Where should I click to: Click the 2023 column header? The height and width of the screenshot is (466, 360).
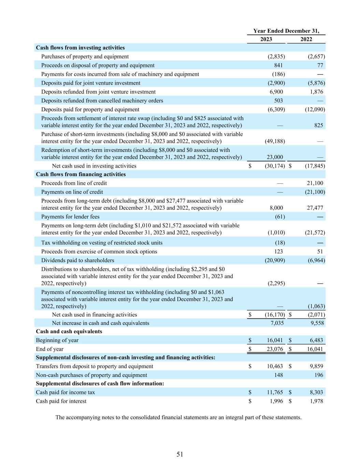[x=266, y=39]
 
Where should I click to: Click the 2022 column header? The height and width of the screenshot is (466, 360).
[x=306, y=39]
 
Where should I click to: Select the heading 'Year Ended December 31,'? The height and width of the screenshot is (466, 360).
[x=286, y=31]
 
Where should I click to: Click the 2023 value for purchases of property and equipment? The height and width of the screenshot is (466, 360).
[x=276, y=57]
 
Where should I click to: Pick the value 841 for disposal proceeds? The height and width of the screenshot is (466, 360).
[x=278, y=66]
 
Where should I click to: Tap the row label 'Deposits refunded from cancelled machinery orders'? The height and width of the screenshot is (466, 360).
[x=102, y=101]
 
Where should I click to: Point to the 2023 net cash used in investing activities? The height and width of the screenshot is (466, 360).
[x=275, y=166]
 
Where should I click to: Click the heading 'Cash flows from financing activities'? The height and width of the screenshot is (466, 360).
[x=81, y=174]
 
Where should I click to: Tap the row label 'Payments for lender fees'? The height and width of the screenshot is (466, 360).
[x=70, y=217]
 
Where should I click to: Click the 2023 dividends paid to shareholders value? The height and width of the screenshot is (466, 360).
[x=275, y=260]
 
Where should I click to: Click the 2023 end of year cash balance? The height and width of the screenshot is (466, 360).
[x=274, y=349]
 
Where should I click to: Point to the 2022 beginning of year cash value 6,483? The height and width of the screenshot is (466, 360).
[x=316, y=340]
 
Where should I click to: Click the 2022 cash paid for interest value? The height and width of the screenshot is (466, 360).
[x=316, y=401]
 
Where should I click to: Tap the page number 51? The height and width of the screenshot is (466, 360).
[x=180, y=454]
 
